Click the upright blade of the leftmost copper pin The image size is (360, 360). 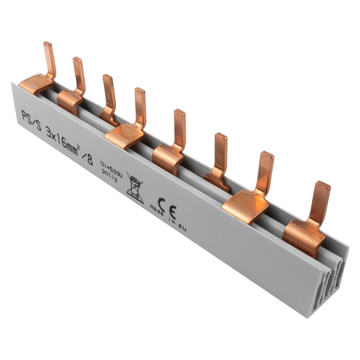(x=50, y=59)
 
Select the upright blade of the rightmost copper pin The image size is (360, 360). (x=321, y=202)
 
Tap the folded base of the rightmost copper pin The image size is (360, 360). (x=303, y=237)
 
